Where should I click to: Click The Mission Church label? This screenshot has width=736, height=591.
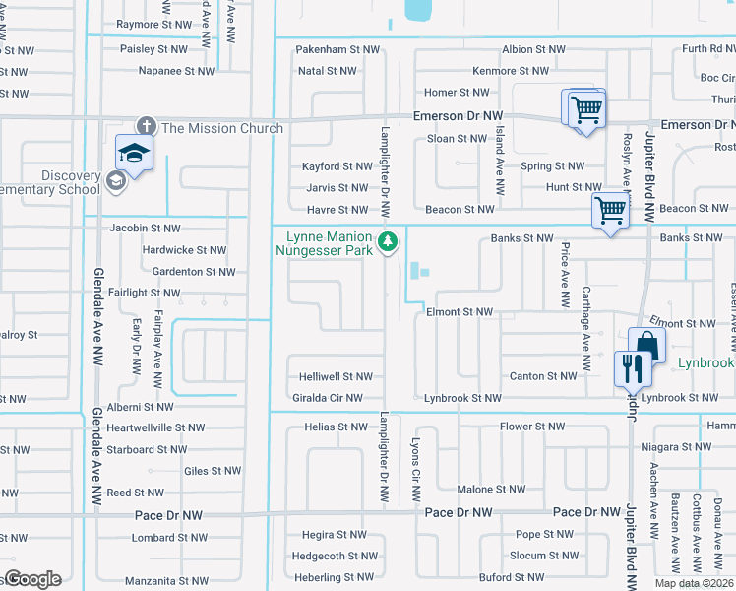(221, 128)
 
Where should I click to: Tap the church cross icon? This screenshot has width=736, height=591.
(146, 126)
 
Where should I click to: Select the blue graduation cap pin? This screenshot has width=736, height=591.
(133, 152)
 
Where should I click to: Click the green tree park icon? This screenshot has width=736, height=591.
(389, 239)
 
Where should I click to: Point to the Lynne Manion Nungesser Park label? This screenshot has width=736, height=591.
(330, 244)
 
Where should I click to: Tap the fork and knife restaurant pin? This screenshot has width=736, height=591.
(631, 368)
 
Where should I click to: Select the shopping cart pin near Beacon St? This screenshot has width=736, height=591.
(610, 210)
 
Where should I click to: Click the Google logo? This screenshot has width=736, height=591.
(31, 579)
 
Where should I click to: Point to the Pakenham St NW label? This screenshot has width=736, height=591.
(337, 48)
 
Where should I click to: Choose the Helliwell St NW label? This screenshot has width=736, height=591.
(337, 376)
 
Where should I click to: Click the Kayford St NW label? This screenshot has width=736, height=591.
(335, 166)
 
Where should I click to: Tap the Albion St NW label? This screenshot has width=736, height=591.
(533, 48)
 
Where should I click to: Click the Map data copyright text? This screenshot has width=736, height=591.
(695, 583)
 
